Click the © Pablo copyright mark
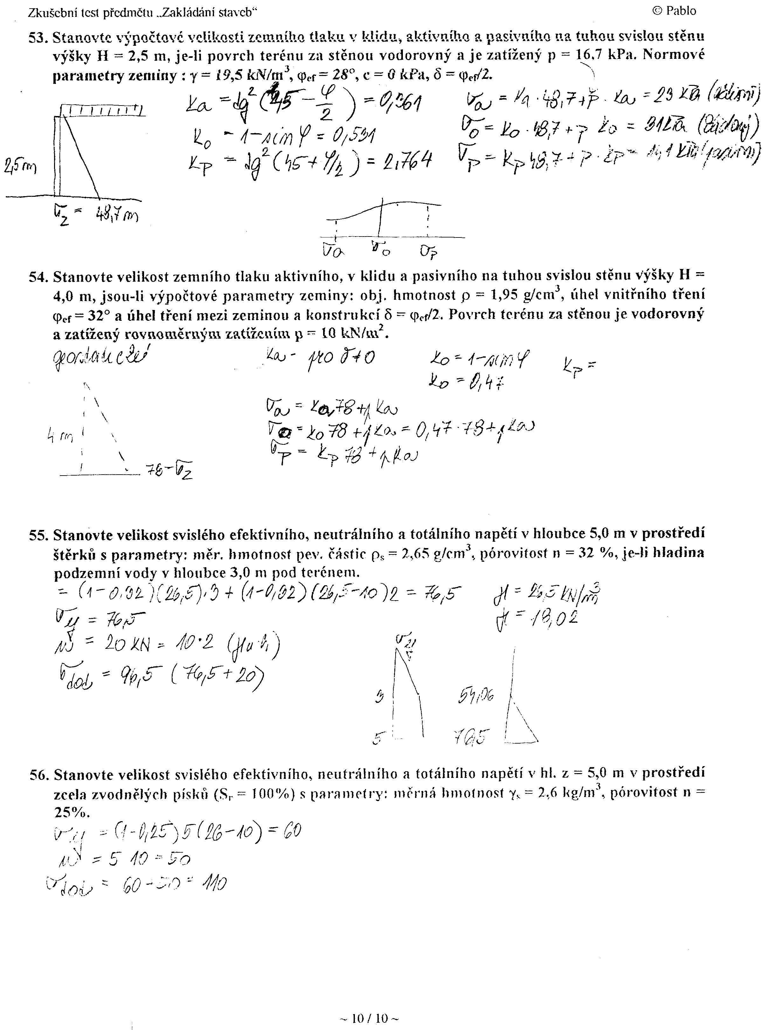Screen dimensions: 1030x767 coord(674,11)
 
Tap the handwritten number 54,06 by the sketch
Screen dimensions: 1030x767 coord(476,695)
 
